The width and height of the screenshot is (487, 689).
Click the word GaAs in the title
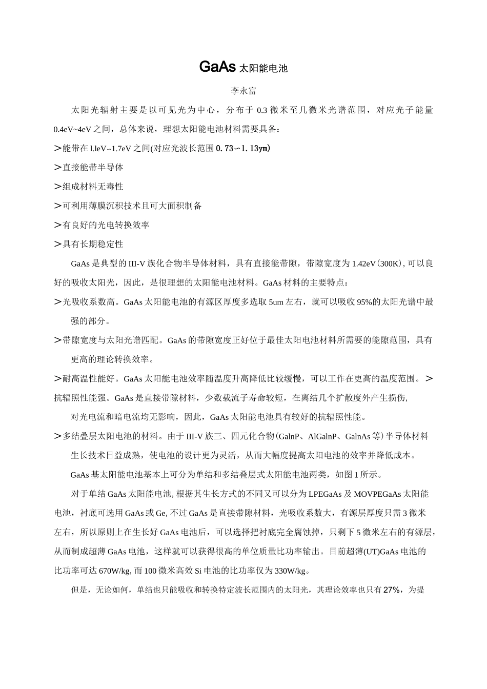click(x=217, y=67)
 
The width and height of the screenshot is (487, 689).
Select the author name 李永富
click(x=243, y=91)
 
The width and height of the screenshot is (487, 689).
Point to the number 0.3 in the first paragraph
click(x=262, y=110)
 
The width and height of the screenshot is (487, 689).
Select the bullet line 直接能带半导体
click(x=93, y=168)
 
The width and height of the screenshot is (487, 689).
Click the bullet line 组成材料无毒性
click(x=93, y=187)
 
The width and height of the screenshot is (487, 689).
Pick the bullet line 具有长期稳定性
click(x=93, y=244)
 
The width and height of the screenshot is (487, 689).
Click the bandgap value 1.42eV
click(x=364, y=264)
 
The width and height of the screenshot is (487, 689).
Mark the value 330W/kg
click(x=291, y=571)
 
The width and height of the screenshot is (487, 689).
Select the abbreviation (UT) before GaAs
click(x=363, y=552)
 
